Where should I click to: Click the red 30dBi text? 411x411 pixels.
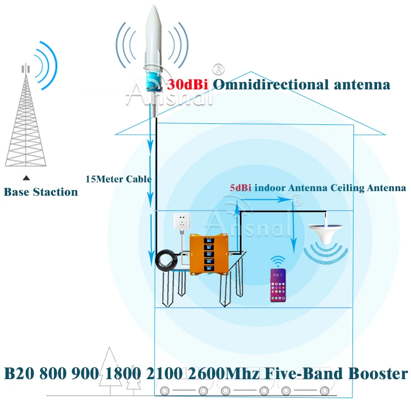point(187,84)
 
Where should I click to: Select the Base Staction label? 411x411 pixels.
point(41,192)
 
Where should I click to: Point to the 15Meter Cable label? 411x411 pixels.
point(118,179)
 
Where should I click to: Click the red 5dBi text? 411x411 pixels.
point(240,188)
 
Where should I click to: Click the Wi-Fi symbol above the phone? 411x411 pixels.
point(278,259)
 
